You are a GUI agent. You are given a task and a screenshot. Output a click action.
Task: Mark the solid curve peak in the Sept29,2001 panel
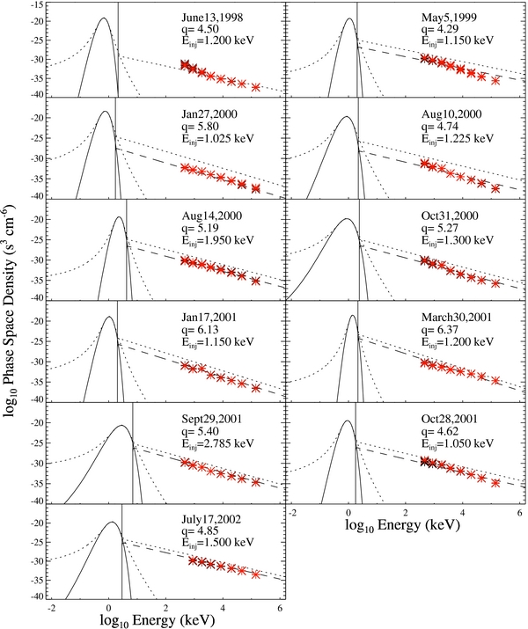coord(122,426)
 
